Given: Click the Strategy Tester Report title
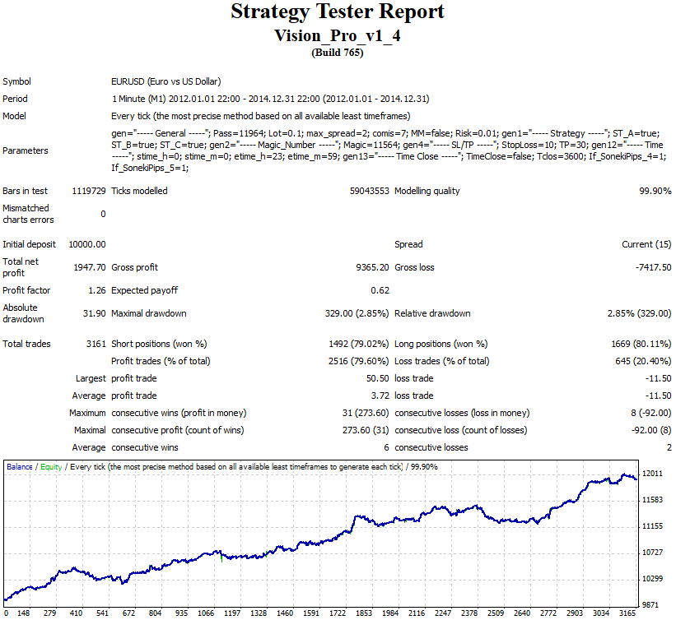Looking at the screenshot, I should click(338, 12).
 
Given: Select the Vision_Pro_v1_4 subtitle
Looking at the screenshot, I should click(338, 36).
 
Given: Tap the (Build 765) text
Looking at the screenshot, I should click(338, 53).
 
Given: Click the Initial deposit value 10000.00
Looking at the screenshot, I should click(87, 245).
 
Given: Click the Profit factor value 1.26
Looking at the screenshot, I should click(96, 290).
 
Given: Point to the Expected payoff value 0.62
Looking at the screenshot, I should click(380, 290).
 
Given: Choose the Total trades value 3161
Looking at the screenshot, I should click(94, 345).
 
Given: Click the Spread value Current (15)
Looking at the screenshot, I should click(646, 245).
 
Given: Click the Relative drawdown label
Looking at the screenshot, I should click(432, 313).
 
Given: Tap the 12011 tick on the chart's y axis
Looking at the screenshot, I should click(653, 474).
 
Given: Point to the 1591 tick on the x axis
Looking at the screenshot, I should click(312, 613).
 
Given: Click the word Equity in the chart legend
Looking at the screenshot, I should click(51, 467).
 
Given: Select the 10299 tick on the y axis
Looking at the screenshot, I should click(653, 578).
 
